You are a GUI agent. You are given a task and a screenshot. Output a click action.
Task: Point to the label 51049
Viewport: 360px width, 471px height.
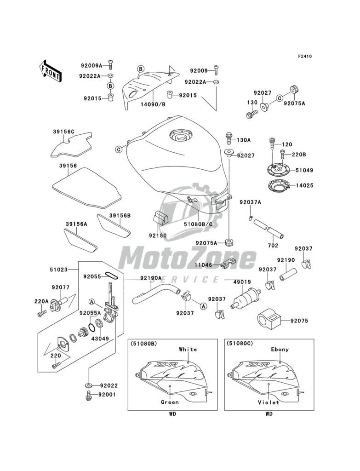point(304,170)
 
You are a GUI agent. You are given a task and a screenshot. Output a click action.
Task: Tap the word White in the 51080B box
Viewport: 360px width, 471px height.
point(188,350)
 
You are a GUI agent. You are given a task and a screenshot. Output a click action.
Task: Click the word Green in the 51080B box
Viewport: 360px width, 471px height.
point(169,402)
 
